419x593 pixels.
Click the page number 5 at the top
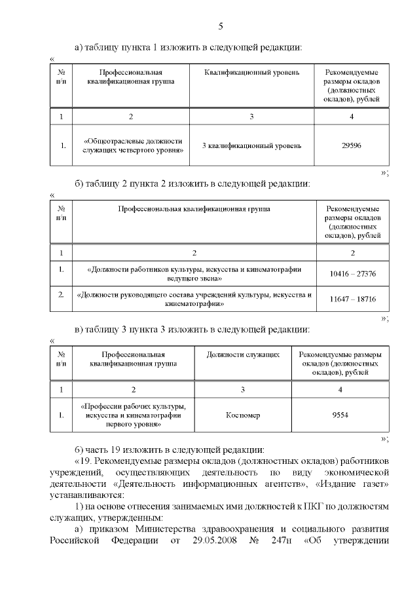click(x=221, y=26)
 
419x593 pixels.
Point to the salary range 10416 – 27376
click(x=353, y=274)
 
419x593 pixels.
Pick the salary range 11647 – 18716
click(x=353, y=299)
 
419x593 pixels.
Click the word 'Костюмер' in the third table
click(x=243, y=415)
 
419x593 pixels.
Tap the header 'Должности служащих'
click(x=243, y=354)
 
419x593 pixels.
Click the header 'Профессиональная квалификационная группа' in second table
click(x=194, y=209)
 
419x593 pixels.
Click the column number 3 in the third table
click(x=243, y=390)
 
